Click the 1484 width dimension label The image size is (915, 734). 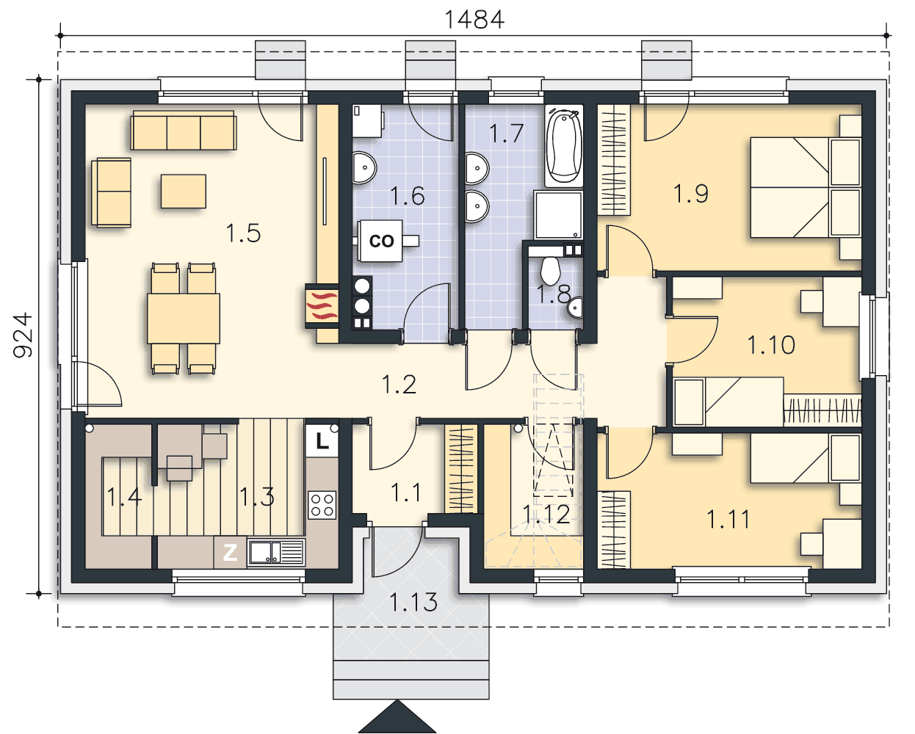tap(474, 20)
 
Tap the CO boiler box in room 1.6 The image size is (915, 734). tap(380, 241)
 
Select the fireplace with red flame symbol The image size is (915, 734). tap(322, 305)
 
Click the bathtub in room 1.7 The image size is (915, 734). tap(564, 146)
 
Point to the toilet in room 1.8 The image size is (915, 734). tap(551, 271)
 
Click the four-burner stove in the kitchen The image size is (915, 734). tap(322, 504)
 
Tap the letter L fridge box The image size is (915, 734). tap(322, 442)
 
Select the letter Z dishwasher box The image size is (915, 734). tap(230, 553)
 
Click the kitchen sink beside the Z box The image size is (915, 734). tap(276, 553)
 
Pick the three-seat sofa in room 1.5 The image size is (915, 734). tap(184, 131)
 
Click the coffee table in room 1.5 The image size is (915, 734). tap(184, 192)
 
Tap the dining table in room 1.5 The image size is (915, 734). tap(184, 319)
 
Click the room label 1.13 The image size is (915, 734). tap(413, 602)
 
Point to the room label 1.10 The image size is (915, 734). tap(771, 345)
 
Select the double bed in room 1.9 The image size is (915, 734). tap(806, 187)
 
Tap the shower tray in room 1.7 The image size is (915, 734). tap(558, 214)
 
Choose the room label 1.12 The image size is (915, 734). tap(546, 515)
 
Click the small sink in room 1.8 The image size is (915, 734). tap(575, 308)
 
